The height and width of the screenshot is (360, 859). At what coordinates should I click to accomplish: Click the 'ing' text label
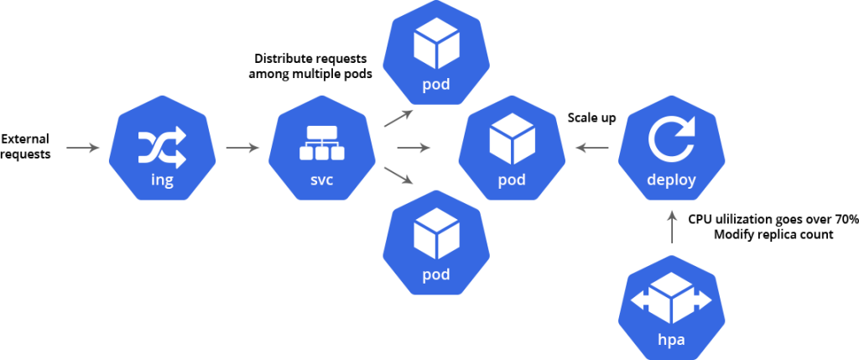coord(162,180)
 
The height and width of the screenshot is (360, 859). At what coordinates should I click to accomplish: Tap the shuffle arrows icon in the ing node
coord(162,149)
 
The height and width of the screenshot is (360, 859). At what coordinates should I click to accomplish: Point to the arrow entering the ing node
coord(83,149)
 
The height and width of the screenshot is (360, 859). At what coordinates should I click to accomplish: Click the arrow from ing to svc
coord(243,149)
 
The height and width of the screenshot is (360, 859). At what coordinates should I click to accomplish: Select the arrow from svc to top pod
coord(399,117)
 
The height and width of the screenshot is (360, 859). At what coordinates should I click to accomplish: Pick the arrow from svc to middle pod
coord(414,149)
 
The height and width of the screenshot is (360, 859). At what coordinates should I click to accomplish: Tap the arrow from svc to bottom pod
coord(399,176)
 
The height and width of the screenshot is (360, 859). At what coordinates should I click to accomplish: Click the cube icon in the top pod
coord(436,44)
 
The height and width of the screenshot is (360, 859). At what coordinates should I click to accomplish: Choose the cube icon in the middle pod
coord(512,139)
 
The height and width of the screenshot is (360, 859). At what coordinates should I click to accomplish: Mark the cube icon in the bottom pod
coord(436,234)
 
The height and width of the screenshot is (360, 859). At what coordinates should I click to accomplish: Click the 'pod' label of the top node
coord(436,85)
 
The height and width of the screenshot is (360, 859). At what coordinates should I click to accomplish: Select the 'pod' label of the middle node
coord(512,180)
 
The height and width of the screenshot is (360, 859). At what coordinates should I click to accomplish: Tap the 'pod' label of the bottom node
coord(436,275)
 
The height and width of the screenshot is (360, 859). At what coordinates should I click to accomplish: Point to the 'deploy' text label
coord(671,180)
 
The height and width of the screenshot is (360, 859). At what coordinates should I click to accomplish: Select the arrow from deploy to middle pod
coord(592,149)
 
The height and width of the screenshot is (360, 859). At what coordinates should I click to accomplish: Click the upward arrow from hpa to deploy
coord(671,227)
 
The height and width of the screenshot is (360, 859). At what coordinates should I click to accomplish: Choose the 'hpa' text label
coord(671,340)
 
